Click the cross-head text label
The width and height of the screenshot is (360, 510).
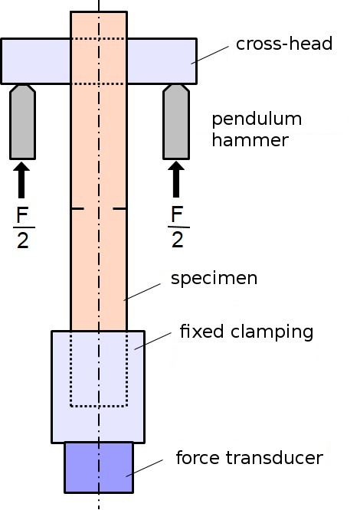[284, 44]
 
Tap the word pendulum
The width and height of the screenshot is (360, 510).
[257, 120]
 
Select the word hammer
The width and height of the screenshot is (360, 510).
[250, 140]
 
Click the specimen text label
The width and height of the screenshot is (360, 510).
[214, 279]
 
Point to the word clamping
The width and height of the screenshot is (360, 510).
[272, 332]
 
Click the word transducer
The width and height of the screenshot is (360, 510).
[274, 458]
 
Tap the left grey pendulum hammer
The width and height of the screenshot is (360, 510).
[22, 122]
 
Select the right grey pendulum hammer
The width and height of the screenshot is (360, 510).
[176, 122]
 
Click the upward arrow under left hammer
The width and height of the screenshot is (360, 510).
[21, 180]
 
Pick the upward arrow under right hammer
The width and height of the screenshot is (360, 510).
[176, 179]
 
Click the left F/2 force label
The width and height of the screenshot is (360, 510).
[24, 227]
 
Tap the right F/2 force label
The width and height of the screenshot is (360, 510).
[178, 227]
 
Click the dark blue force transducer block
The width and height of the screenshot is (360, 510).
[99, 467]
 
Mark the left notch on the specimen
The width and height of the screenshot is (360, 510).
[77, 208]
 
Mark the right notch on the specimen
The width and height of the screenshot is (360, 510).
[119, 208]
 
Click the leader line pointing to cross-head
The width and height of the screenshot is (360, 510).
[210, 54]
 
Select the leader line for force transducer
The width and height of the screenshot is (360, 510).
[145, 468]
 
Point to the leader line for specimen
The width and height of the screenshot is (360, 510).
[142, 292]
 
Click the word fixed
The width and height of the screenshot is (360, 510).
[201, 331]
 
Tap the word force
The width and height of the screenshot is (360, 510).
[198, 458]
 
